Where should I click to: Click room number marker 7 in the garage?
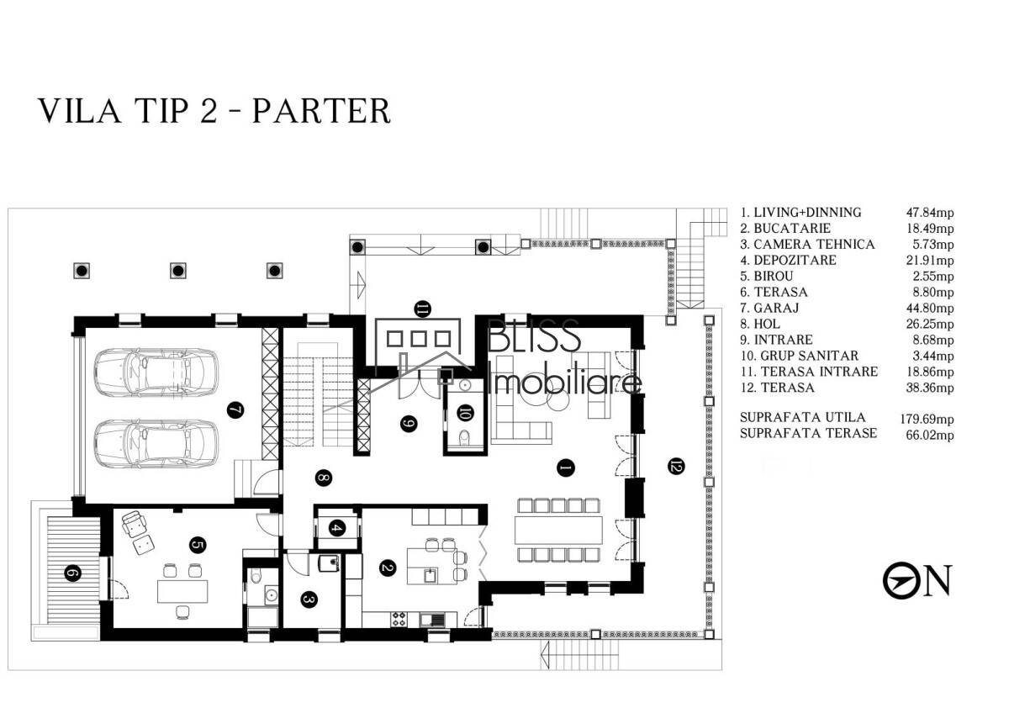click(x=235, y=410)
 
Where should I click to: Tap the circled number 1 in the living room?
click(x=566, y=468)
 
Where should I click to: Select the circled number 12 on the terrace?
click(x=676, y=466)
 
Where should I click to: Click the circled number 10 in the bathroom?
click(x=465, y=413)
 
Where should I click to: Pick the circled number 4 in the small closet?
click(x=337, y=528)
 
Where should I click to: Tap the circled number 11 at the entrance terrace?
click(x=422, y=309)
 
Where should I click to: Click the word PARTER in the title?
click(x=321, y=111)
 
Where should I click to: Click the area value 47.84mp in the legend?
click(x=930, y=213)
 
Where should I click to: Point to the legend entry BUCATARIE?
click(x=792, y=229)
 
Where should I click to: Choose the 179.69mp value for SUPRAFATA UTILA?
click(x=927, y=420)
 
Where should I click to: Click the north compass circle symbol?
click(x=901, y=581)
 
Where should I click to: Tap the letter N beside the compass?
click(x=938, y=580)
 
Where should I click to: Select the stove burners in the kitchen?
click(x=399, y=619)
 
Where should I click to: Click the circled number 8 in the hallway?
click(x=324, y=478)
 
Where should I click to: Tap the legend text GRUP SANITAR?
click(x=809, y=356)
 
